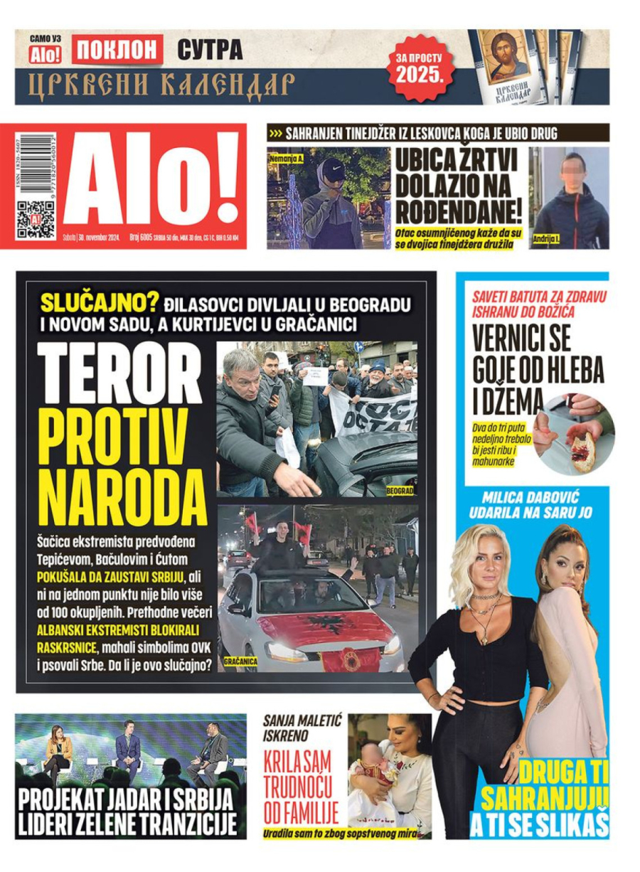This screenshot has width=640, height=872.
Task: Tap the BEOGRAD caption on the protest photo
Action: pyautogui.click(x=400, y=491)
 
